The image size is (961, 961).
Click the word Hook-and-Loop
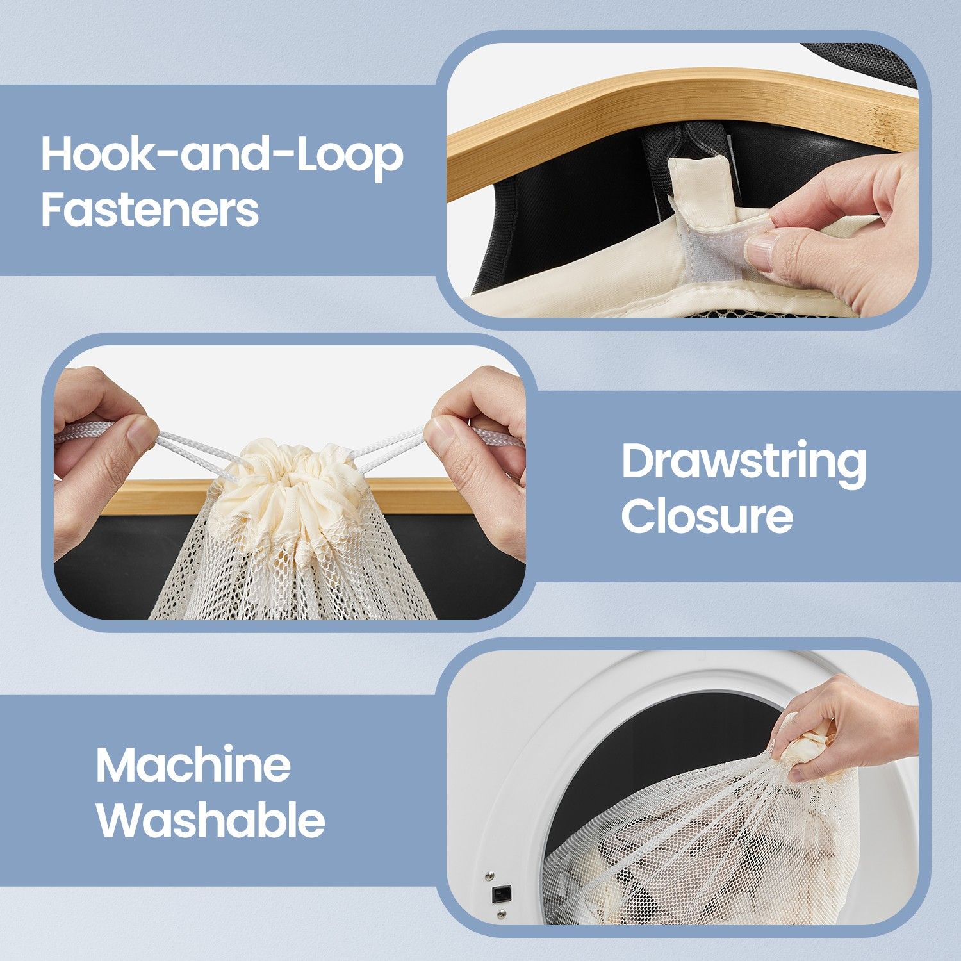point(222,156)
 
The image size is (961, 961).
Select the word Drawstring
point(744,463)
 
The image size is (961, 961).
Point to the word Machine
point(193,765)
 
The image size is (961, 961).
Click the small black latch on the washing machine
point(501,894)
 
